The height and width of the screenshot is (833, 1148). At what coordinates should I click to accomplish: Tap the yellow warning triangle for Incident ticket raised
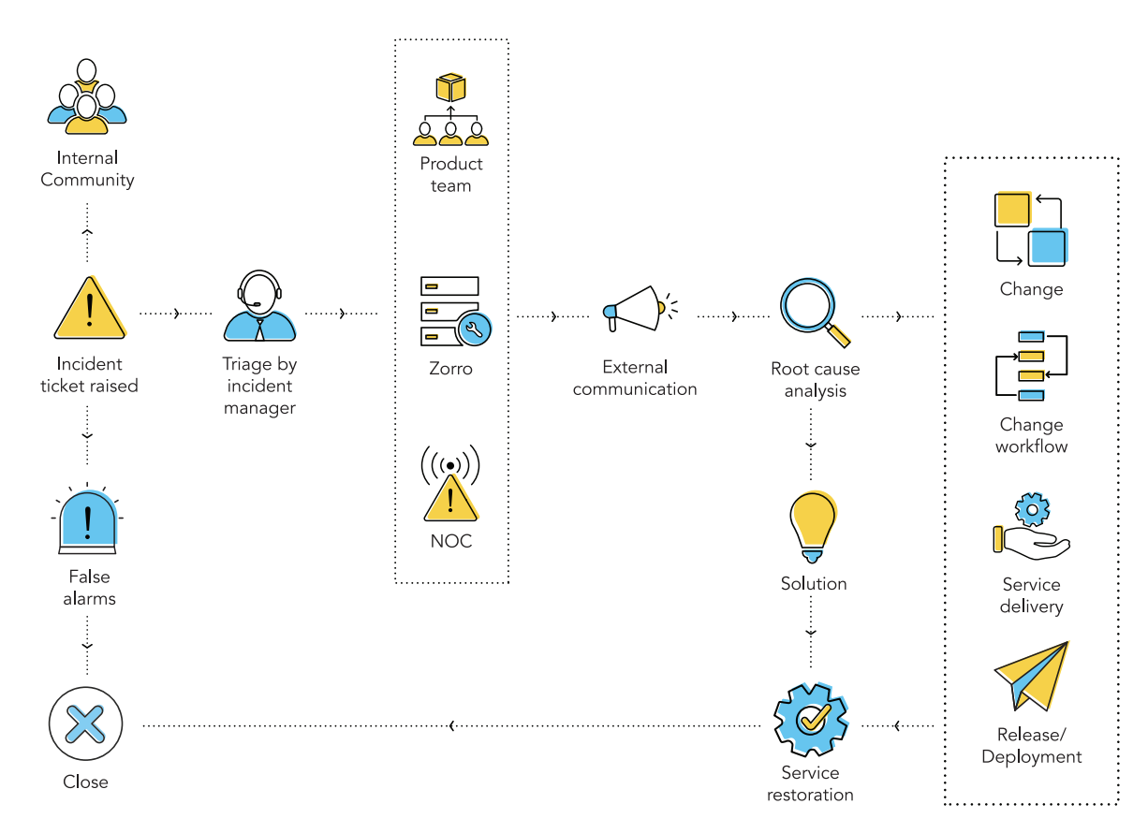[x=89, y=310]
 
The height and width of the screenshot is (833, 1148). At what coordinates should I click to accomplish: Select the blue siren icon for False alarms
[x=88, y=519]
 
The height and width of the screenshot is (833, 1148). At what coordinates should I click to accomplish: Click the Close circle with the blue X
[x=86, y=723]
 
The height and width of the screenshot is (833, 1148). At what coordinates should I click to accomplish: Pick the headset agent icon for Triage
[x=259, y=306]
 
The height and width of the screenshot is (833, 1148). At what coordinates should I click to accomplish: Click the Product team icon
[x=450, y=110]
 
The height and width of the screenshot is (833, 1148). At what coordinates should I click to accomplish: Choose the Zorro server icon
[x=454, y=312]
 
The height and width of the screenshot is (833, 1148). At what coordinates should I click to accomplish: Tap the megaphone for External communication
[x=637, y=308]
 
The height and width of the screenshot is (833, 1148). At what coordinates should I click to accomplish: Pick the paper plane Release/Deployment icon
[x=1033, y=677]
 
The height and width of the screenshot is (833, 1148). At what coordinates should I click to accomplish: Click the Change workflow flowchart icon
[x=1031, y=366]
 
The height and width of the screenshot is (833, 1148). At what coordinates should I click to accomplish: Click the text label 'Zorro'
[x=450, y=369]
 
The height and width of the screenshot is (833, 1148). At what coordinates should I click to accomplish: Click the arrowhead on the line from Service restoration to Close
[x=453, y=725]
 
